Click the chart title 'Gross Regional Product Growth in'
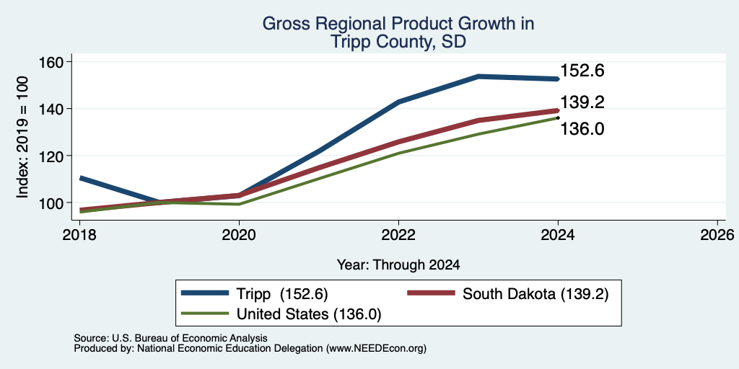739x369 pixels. click(x=398, y=24)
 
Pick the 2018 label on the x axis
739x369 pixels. click(x=79, y=234)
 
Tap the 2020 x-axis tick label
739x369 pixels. click(x=239, y=234)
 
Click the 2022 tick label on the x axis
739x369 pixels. click(x=398, y=234)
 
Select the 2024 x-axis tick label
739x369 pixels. click(x=558, y=234)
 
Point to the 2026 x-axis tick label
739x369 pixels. click(x=717, y=234)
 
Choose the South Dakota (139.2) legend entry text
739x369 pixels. click(x=535, y=294)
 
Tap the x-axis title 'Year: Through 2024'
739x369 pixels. click(x=398, y=265)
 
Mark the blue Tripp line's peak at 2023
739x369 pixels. click(x=478, y=76)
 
